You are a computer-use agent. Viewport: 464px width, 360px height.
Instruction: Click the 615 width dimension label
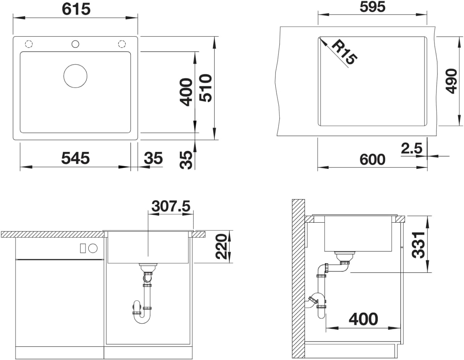point(76,9)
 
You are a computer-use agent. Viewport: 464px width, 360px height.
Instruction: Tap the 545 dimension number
point(76,158)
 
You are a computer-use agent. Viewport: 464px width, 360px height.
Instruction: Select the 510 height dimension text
point(205,88)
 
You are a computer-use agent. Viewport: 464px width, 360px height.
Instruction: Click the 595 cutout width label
point(372,7)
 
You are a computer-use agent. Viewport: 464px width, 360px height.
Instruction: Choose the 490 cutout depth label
point(451,81)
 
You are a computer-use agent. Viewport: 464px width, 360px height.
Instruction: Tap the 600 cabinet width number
point(372,160)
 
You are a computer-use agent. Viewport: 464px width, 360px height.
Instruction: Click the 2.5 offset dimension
point(411,148)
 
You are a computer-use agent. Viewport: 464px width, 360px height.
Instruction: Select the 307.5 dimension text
point(171,206)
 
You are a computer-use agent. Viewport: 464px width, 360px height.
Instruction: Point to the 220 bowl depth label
point(221,247)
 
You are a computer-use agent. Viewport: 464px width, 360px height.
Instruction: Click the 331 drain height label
point(418,245)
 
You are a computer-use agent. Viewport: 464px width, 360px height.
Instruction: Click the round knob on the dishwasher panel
point(93,248)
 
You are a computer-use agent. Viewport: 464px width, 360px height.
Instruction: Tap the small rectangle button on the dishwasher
point(83,248)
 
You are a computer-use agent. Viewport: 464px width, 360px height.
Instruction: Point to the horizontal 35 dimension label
point(153,158)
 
